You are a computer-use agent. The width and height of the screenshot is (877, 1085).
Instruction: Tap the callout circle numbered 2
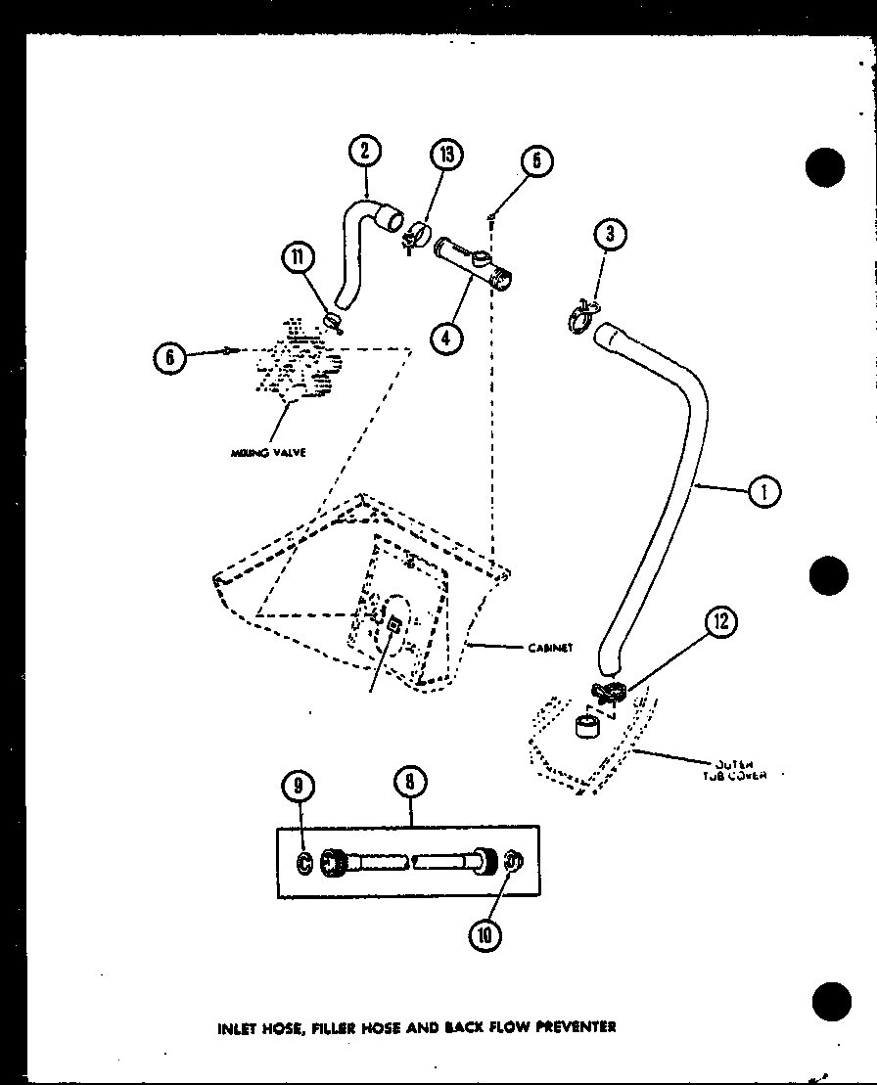(364, 152)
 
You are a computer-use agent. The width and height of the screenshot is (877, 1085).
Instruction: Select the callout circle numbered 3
(610, 235)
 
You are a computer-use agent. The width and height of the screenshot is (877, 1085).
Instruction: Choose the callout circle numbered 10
(485, 934)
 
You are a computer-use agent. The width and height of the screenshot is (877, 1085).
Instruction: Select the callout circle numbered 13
(445, 155)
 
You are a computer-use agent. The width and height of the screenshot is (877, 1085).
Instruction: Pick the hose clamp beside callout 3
(579, 314)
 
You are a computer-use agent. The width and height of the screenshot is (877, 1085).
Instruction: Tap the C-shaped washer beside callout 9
(304, 864)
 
